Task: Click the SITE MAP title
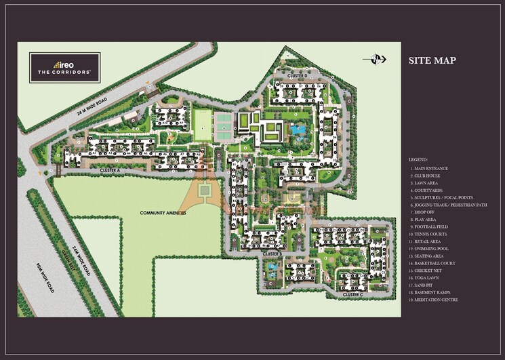click(x=432, y=61)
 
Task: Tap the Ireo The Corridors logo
click(x=64, y=66)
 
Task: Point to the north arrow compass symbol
click(x=375, y=60)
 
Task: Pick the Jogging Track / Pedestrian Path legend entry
click(x=448, y=205)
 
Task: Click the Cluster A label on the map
click(x=109, y=169)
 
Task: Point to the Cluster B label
click(x=272, y=254)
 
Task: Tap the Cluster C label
click(x=352, y=295)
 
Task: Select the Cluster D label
click(x=298, y=75)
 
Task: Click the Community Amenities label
click(x=163, y=212)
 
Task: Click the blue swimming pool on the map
click(x=298, y=129)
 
